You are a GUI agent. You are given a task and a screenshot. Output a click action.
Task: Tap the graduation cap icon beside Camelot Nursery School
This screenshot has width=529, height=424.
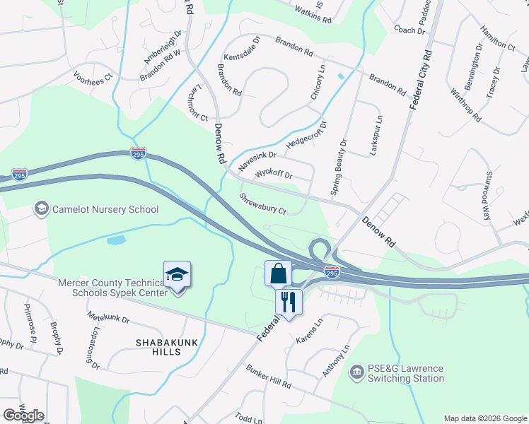pyautogui.click(x=41, y=208)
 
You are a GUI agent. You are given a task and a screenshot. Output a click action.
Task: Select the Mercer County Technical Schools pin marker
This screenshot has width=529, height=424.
pyautogui.click(x=177, y=276)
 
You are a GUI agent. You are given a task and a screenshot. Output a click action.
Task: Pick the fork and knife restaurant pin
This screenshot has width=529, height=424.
pyautogui.click(x=288, y=302)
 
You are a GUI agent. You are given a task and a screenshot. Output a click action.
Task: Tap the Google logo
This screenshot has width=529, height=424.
pyautogui.click(x=23, y=416)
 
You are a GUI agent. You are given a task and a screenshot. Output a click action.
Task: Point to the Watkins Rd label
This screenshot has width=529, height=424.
pyautogui.click(x=313, y=13)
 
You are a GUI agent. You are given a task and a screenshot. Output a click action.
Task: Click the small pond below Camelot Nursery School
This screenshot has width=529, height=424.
pyautogui.click(x=117, y=240)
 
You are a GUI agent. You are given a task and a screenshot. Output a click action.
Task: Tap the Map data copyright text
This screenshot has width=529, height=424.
pyautogui.click(x=485, y=418)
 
